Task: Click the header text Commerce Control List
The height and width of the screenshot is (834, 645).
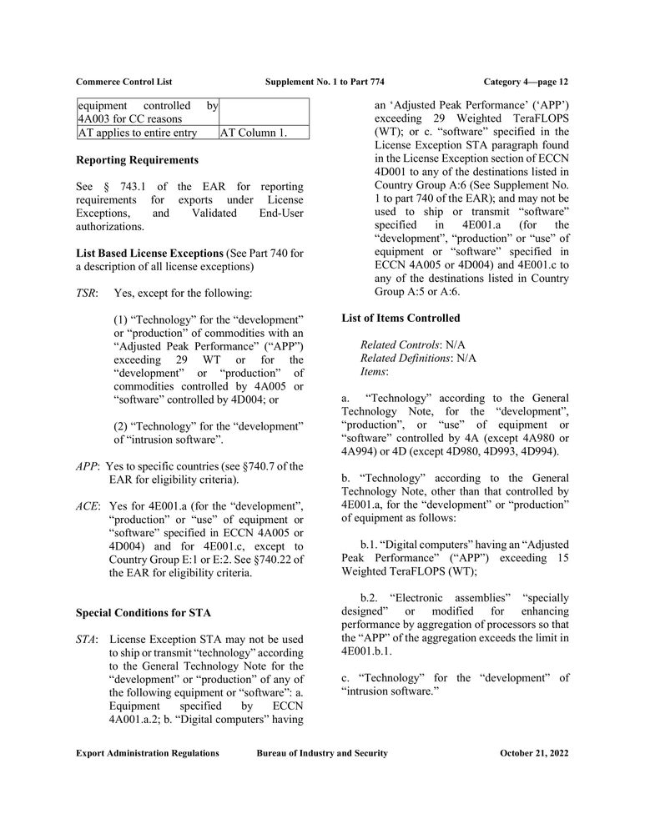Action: click(123, 82)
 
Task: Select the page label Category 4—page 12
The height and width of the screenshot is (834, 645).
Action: click(526, 82)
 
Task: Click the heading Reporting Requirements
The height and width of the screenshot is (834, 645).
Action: click(137, 159)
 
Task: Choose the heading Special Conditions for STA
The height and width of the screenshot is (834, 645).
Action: click(143, 613)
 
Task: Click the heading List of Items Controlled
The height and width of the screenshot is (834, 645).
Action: click(401, 318)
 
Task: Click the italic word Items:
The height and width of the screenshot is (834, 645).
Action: click(375, 371)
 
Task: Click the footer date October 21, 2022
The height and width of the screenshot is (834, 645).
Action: click(534, 753)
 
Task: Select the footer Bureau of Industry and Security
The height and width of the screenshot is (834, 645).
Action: click(322, 753)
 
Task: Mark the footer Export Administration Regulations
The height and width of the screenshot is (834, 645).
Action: click(148, 753)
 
